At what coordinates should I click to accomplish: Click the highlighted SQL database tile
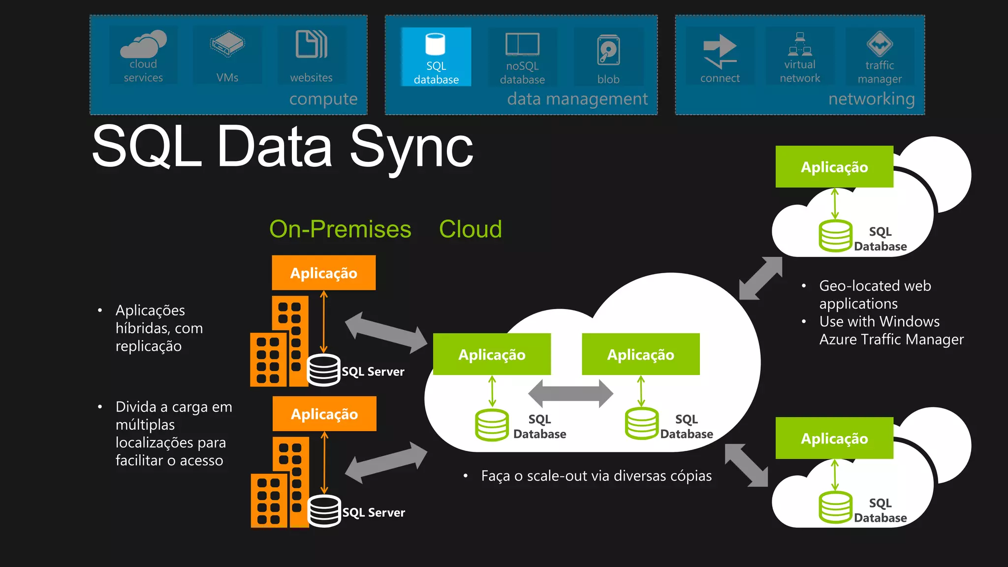point(436,57)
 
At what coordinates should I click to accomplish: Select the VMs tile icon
point(227,44)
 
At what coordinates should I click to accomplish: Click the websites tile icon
point(311,44)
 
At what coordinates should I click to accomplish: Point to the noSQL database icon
point(522,44)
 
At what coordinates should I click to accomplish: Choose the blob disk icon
point(608,50)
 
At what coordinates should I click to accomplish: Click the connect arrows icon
point(720,51)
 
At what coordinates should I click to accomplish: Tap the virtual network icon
point(800,44)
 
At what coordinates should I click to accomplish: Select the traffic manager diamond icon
point(880,44)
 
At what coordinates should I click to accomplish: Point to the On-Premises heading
point(340,229)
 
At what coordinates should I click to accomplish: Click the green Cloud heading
point(470,229)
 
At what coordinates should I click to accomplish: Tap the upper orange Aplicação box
point(323,273)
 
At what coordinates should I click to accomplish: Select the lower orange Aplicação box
point(324,414)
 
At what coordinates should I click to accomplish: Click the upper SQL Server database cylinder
point(323,370)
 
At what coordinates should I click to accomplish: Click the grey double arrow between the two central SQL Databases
point(570,394)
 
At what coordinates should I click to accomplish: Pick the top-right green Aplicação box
point(834,167)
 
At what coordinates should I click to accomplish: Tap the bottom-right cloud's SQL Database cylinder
point(835,507)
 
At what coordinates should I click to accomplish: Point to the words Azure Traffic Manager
point(891,340)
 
